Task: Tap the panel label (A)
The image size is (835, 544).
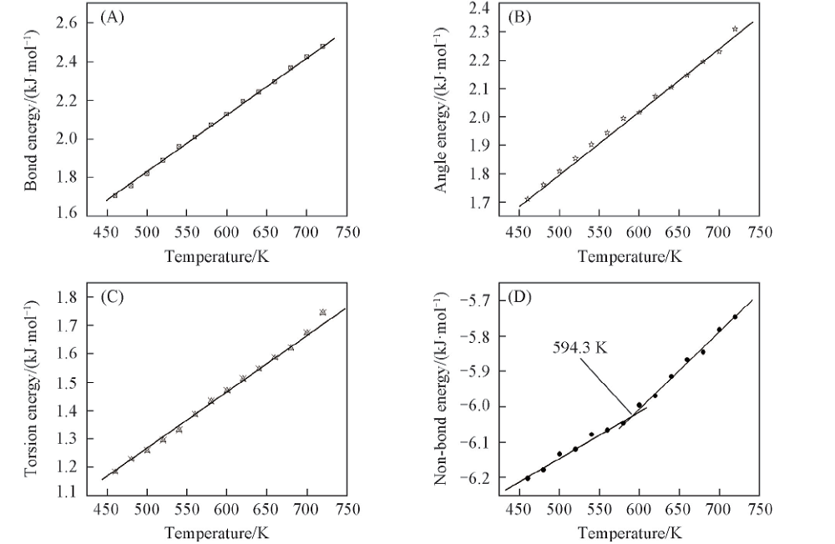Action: tap(112, 17)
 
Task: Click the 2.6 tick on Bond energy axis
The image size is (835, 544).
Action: tap(69, 23)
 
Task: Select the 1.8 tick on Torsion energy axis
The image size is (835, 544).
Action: tap(69, 297)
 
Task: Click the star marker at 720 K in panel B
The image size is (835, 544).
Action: tap(735, 29)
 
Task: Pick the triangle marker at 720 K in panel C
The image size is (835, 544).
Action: tap(322, 312)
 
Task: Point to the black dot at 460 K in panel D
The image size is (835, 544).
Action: tap(528, 478)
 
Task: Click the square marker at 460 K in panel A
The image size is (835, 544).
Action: tap(115, 195)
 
